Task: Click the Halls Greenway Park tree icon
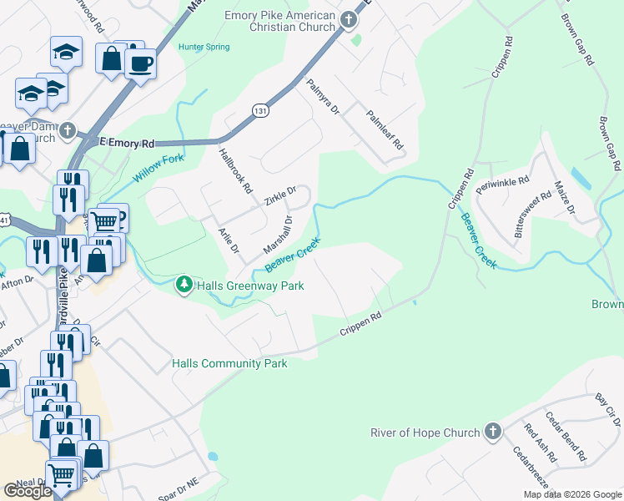[x=184, y=286]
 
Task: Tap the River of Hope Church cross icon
[x=492, y=432]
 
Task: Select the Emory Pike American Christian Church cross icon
[x=348, y=21]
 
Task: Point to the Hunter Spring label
[x=204, y=47]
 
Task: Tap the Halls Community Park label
[x=229, y=363]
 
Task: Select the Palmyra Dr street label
[x=324, y=97]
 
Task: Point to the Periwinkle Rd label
[x=502, y=185]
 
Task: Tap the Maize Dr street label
[x=565, y=199]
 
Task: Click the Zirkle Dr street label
[x=280, y=196]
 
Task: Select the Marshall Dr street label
[x=278, y=235]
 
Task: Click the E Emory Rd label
[x=127, y=144]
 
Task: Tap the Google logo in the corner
[x=27, y=491]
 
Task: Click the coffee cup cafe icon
[x=141, y=62]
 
